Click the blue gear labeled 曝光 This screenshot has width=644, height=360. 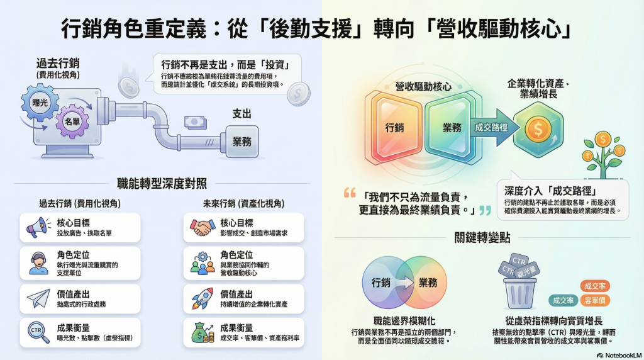40,102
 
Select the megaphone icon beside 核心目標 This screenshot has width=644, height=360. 36,227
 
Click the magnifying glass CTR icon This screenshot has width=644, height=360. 37,332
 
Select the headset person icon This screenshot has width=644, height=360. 37,262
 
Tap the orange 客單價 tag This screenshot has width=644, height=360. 594,300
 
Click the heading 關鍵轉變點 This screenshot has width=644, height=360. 482,237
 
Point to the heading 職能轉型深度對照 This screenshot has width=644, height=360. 162,184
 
